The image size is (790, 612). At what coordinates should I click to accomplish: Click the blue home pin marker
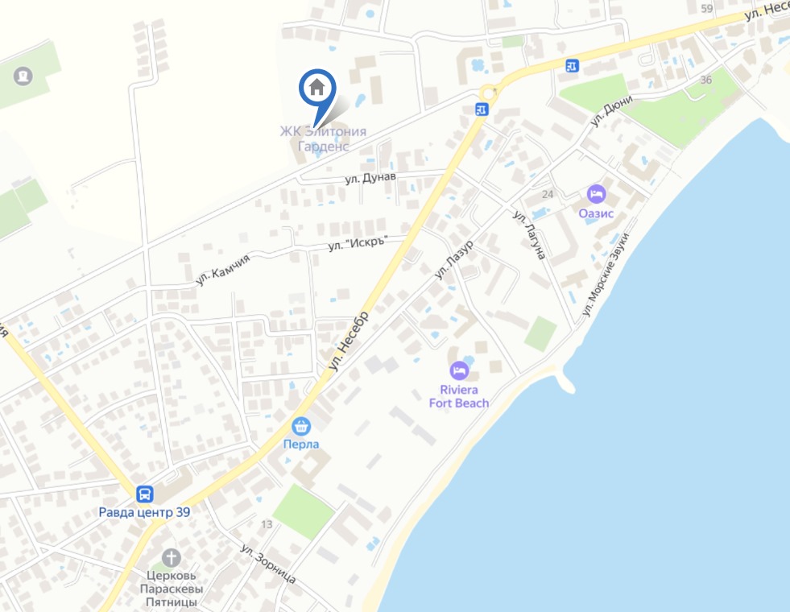point(317,88)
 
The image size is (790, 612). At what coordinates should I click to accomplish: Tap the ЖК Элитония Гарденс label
point(323,139)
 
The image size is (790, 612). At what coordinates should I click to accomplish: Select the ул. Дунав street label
point(372,178)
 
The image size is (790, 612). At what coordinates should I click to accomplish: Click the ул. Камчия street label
point(223,269)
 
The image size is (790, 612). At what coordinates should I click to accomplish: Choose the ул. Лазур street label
point(453,258)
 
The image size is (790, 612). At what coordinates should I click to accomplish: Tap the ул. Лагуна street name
point(530,235)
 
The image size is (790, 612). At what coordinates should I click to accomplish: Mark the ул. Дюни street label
point(611,111)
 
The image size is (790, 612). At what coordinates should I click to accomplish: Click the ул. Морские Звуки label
point(606,274)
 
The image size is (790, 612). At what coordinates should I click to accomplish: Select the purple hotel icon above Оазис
point(596,194)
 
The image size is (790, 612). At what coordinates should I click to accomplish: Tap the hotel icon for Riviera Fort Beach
point(459,370)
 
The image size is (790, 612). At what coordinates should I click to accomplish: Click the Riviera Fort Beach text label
point(459,396)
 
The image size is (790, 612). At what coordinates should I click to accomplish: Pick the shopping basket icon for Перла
point(301,425)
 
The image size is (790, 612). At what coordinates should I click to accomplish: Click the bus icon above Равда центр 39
point(145,493)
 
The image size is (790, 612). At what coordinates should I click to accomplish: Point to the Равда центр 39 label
point(144,512)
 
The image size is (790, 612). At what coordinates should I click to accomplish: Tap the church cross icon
point(171,557)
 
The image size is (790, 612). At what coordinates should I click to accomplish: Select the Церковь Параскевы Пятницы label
point(172,589)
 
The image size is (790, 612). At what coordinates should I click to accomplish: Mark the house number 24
point(548,194)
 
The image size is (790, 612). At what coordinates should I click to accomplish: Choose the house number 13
point(267,524)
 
